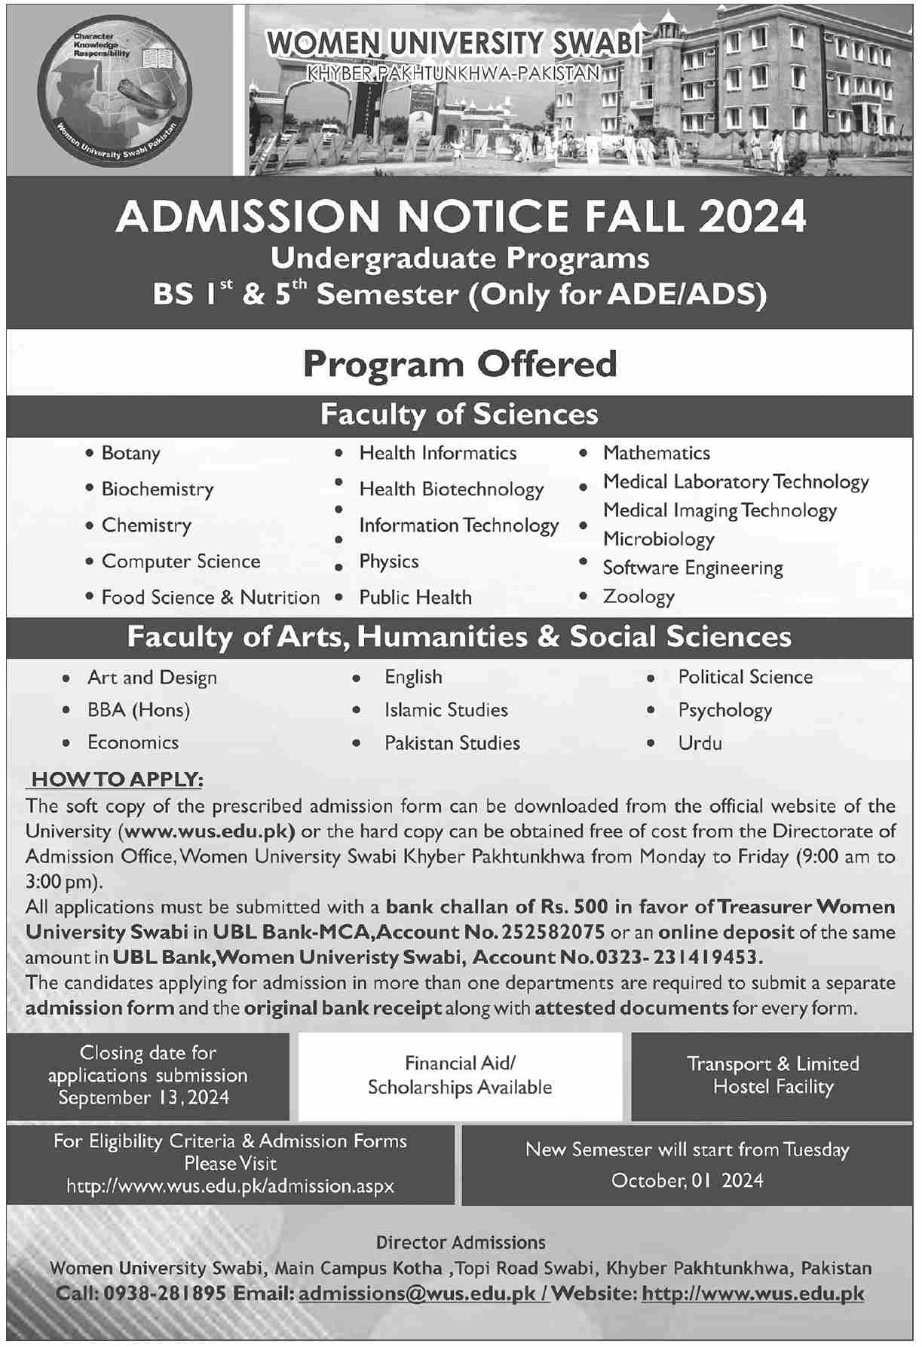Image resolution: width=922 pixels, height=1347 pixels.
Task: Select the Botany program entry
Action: click(x=131, y=454)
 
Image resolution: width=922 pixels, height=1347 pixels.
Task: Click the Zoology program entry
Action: click(x=639, y=597)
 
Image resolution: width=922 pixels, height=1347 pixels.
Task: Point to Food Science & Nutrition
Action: click(x=210, y=598)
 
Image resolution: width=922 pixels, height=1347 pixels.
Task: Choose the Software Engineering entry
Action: click(x=693, y=568)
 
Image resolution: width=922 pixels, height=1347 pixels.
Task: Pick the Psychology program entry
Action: click(x=724, y=710)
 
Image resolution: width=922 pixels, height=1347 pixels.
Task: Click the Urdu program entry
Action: click(x=700, y=743)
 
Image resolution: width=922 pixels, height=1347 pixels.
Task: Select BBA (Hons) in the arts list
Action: click(x=139, y=710)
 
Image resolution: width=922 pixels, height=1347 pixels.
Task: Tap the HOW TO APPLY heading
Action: click(x=118, y=779)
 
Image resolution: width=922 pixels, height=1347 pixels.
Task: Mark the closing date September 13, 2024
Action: click(x=144, y=1097)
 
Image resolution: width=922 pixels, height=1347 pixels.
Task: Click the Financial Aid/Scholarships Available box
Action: click(x=460, y=1076)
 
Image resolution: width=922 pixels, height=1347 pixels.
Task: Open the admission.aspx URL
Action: click(x=230, y=1186)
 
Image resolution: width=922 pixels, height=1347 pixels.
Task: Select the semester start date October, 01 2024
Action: click(x=687, y=1180)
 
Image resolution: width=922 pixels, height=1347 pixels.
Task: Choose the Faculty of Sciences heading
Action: click(x=460, y=415)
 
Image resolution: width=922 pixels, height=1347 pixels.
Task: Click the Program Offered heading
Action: click(x=460, y=365)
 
